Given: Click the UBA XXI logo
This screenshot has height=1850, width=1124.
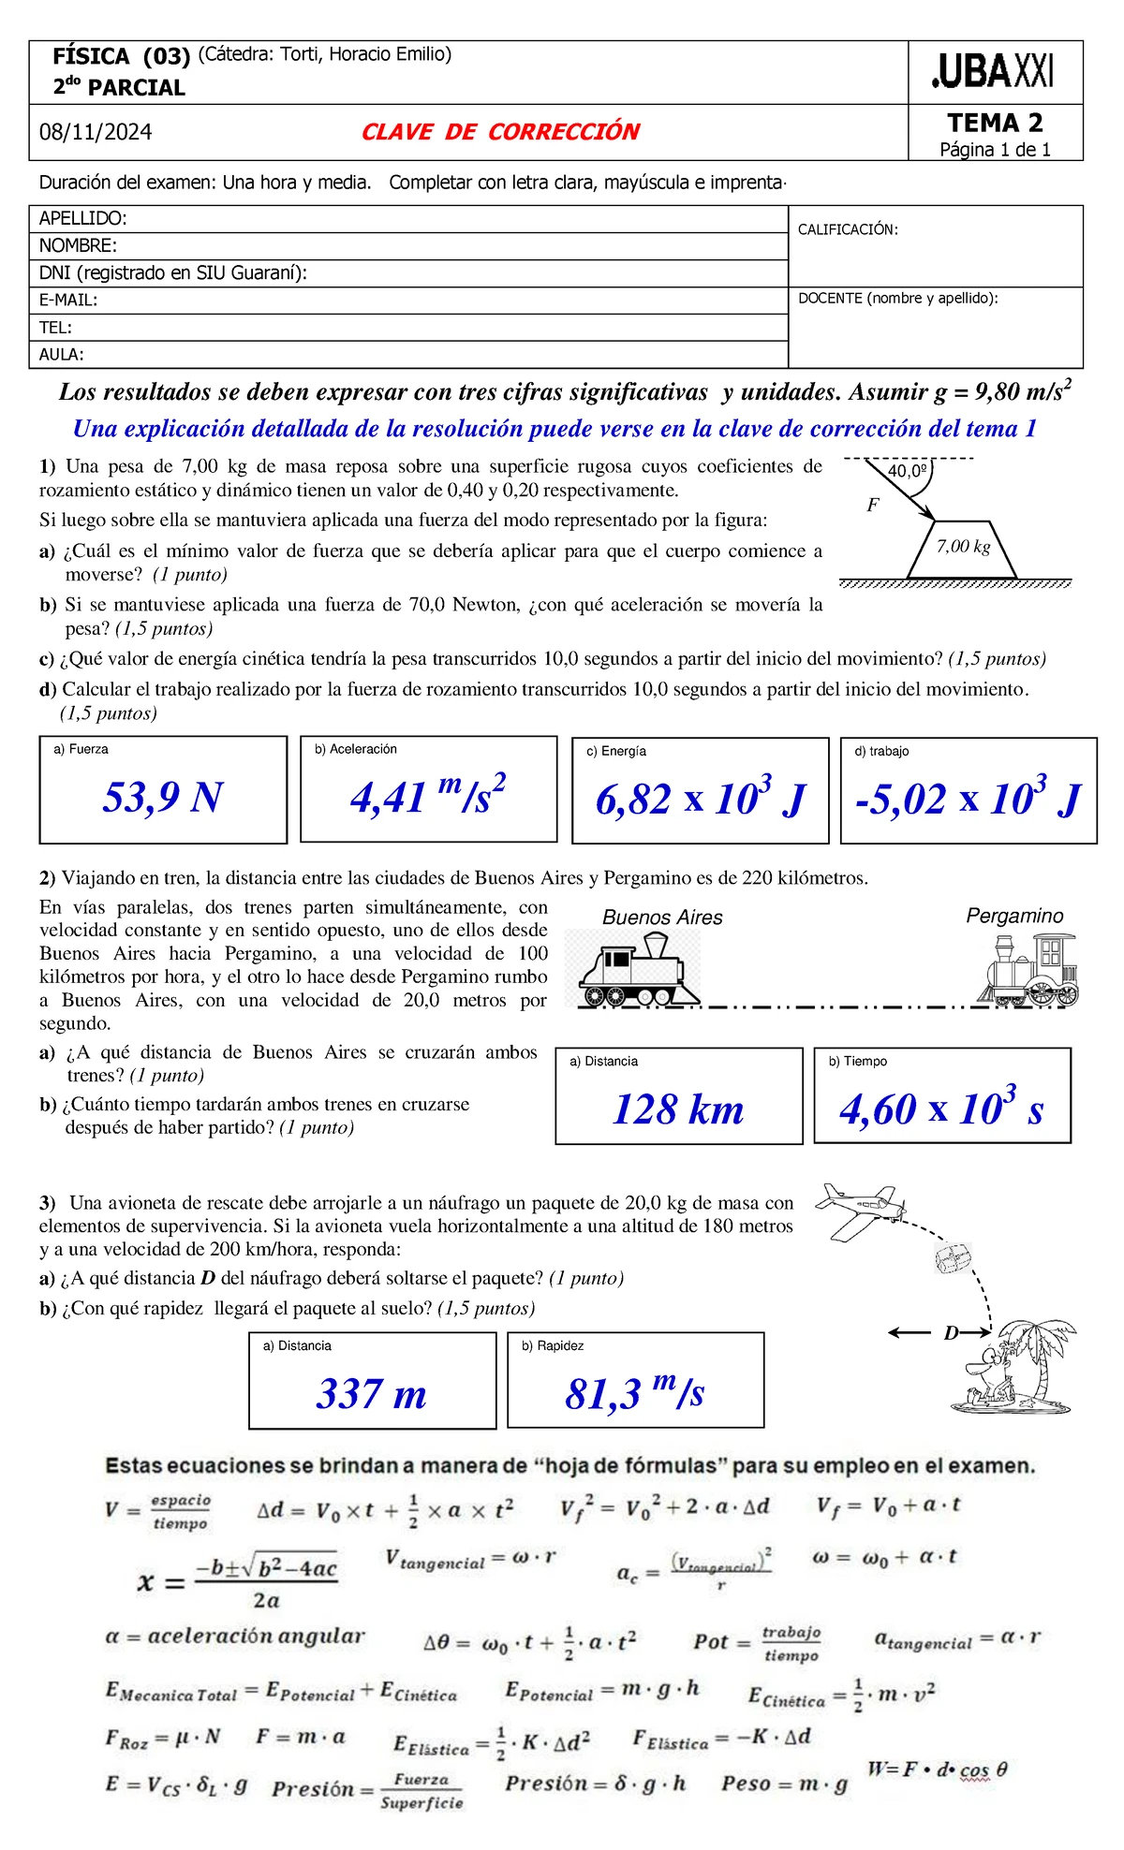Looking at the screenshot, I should pos(994,72).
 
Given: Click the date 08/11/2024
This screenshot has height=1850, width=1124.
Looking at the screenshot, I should pos(96,132).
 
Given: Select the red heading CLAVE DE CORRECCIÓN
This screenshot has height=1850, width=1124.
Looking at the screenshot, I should pos(500,132).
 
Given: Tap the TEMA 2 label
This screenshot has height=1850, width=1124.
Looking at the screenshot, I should pos(995,123).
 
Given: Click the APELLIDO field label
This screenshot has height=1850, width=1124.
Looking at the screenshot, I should pos(82,219).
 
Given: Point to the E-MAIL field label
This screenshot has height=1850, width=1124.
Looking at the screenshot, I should pos(67,301).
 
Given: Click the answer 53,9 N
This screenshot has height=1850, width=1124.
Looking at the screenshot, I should pos(163,798).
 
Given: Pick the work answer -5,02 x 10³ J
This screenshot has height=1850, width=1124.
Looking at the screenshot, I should pos(968,799).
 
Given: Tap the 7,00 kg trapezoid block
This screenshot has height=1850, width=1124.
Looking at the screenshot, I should pos(963,551).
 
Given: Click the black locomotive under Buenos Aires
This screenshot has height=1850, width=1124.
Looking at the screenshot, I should pos(637,970).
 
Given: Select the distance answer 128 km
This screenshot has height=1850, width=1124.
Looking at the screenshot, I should pos(678,1109).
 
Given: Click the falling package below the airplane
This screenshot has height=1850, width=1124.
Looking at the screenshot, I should pos(954,1257).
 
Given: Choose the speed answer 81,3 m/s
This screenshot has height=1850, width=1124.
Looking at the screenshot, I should pos(634,1393).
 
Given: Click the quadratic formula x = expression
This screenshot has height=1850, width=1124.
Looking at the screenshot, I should pos(238,1582).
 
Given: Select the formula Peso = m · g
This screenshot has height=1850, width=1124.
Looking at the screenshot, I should pos(784,1784).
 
